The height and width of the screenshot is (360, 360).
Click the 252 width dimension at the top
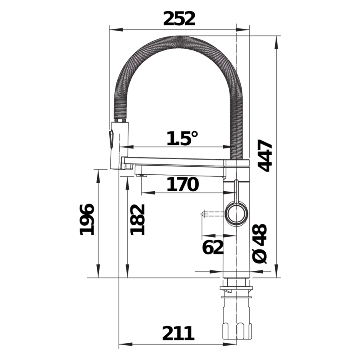(x=179, y=18)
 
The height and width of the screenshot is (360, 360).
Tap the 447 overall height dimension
(x=265, y=156)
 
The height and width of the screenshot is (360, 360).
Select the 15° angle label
(x=182, y=138)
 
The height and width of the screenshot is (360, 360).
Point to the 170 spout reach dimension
(x=182, y=184)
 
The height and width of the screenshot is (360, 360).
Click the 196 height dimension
(x=87, y=220)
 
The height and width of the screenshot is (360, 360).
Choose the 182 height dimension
(x=137, y=220)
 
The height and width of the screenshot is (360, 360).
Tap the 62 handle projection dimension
(x=213, y=247)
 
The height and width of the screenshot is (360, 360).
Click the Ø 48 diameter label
(x=260, y=244)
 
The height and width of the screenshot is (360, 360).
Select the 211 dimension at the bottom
(x=178, y=333)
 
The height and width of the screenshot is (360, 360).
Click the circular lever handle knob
(x=236, y=213)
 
